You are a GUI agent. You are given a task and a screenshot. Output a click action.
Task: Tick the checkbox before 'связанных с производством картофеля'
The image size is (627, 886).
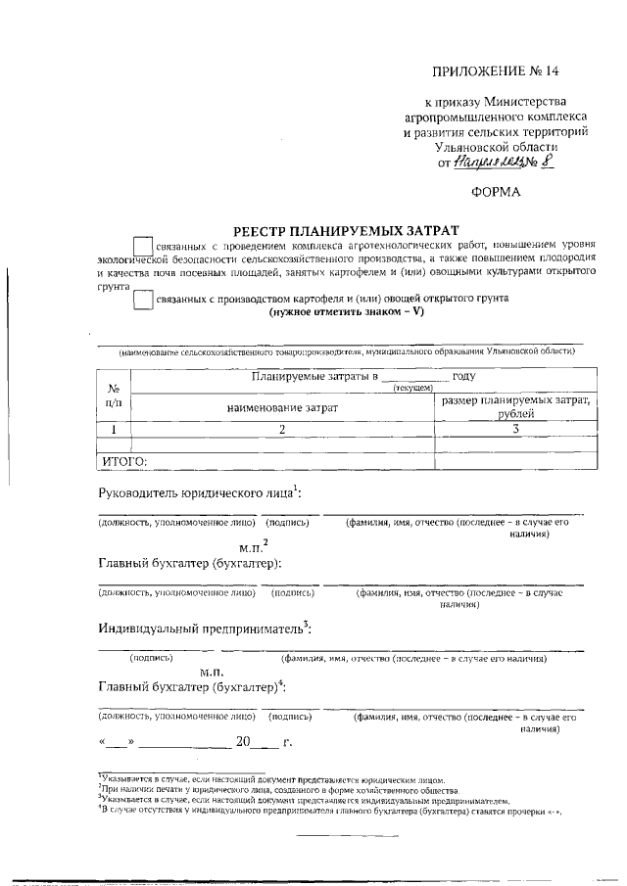[142, 302]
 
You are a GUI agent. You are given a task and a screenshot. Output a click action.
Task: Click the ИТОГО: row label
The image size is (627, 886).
[124, 461]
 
